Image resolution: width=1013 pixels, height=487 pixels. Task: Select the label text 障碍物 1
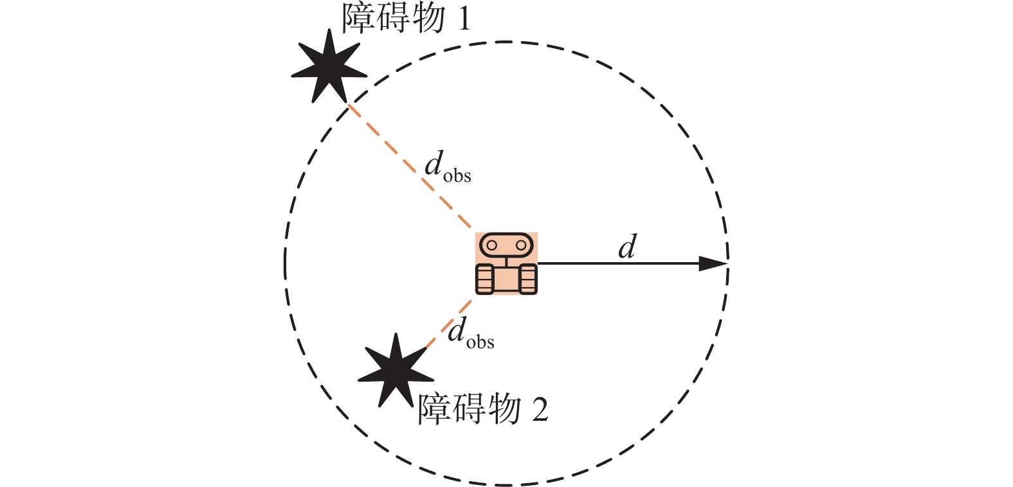point(405,18)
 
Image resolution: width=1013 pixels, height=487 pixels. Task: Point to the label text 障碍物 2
point(482,409)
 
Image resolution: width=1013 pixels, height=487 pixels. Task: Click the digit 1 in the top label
point(463,19)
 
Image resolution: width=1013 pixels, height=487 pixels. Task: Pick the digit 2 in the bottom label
point(540,410)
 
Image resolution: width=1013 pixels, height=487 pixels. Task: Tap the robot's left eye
point(491,245)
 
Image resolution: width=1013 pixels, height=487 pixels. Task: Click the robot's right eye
point(520,245)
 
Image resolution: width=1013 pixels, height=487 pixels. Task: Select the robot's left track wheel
point(484,279)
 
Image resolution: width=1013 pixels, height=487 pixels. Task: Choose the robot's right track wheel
point(528,279)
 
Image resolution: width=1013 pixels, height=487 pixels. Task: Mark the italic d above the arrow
point(627,247)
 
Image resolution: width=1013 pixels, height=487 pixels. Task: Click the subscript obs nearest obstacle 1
point(457,176)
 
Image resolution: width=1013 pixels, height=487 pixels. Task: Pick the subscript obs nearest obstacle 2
point(480,342)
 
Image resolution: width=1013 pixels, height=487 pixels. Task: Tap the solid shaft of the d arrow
point(617,263)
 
